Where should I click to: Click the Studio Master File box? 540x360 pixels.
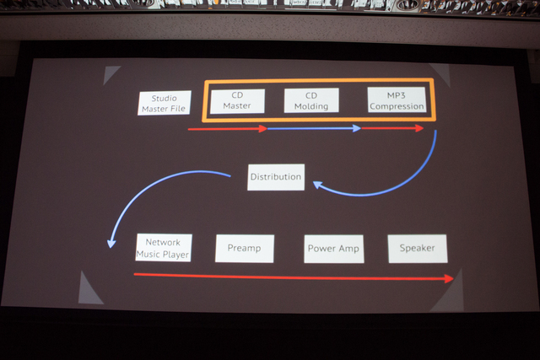(x=165, y=103)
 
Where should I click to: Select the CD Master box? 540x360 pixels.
(x=237, y=101)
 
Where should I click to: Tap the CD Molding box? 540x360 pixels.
(x=311, y=100)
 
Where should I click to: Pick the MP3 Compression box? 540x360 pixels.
(x=397, y=99)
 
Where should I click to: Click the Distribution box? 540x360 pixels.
(x=276, y=177)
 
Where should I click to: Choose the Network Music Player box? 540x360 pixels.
(x=164, y=248)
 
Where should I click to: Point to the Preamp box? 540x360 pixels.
(x=245, y=249)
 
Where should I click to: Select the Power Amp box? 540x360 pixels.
(x=334, y=249)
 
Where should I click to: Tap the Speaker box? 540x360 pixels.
(x=418, y=249)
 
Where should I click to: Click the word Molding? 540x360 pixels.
(x=311, y=106)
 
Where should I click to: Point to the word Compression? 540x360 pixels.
(x=397, y=106)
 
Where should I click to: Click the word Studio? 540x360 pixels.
(x=165, y=98)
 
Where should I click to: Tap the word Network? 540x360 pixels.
(x=163, y=242)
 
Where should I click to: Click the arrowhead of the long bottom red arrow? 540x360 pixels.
(x=449, y=278)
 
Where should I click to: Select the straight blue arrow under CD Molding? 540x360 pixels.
(x=314, y=128)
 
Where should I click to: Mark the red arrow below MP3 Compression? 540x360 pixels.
(x=392, y=128)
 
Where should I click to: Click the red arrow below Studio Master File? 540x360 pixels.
(x=228, y=129)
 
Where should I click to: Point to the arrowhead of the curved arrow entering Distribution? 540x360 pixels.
(x=317, y=185)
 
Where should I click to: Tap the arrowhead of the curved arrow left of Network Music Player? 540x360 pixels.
(x=111, y=244)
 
